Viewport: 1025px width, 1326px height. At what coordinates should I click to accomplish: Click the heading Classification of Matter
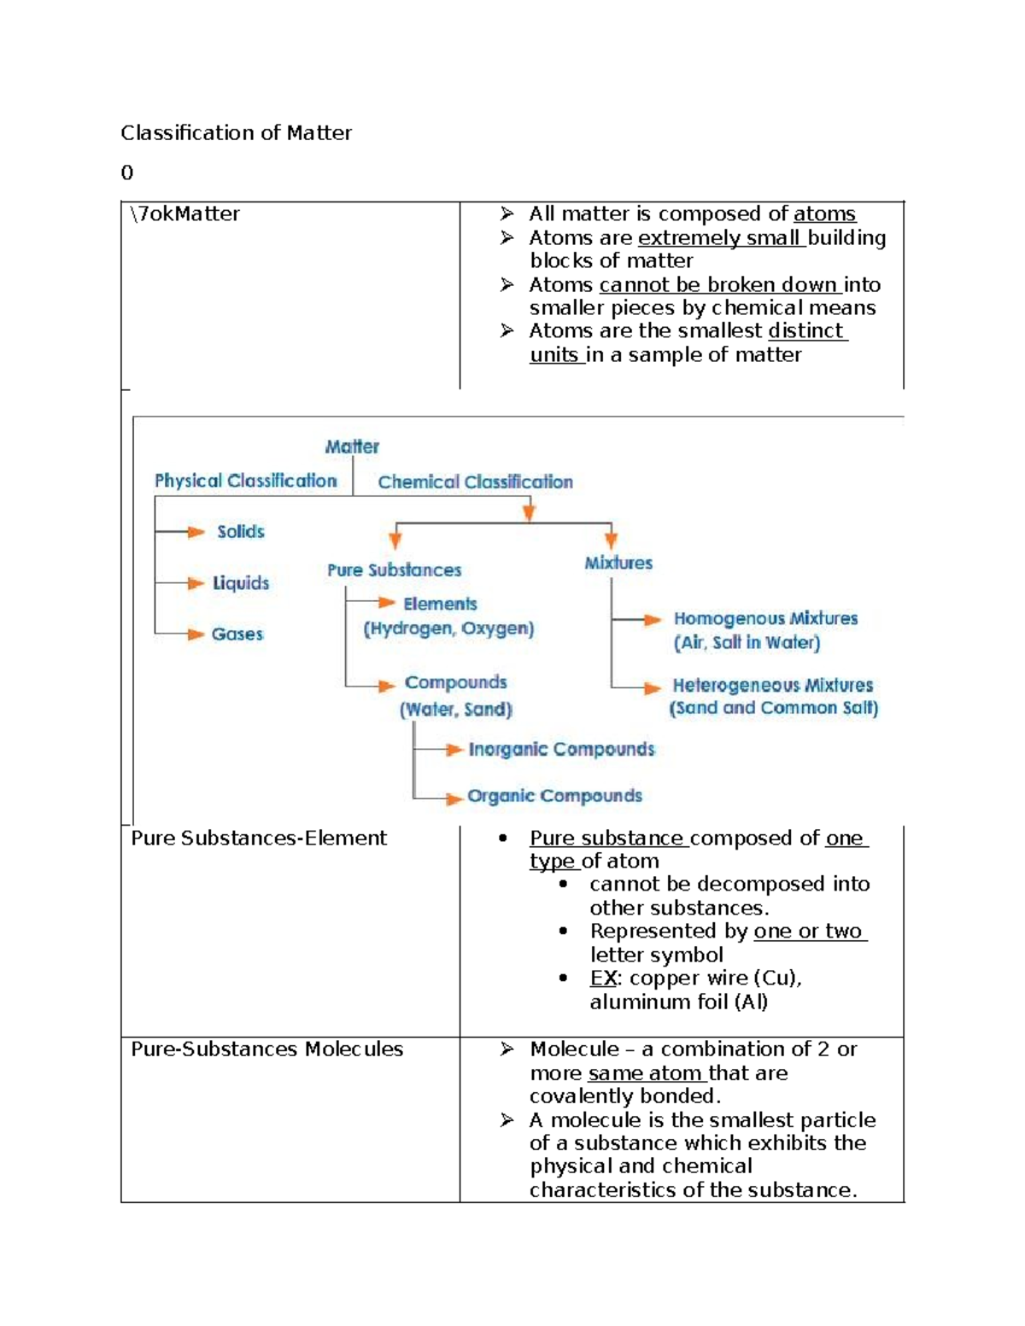[236, 133]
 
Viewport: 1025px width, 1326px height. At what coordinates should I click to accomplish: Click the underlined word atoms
[823, 214]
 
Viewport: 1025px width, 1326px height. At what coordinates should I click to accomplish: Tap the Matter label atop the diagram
[352, 447]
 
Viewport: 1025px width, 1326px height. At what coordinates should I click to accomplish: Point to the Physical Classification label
[246, 481]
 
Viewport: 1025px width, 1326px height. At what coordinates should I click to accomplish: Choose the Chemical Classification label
[475, 482]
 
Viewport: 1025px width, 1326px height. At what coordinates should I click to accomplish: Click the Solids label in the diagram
[240, 532]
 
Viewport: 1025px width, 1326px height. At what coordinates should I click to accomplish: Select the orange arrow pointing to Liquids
[196, 583]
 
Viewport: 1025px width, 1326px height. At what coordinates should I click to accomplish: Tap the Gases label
[237, 634]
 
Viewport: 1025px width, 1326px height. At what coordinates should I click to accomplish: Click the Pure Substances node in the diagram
[394, 570]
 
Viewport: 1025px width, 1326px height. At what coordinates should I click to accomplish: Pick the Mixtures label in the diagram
[618, 563]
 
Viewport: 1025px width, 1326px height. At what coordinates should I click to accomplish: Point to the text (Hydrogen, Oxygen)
[448, 629]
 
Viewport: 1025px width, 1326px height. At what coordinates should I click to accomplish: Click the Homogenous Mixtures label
[765, 618]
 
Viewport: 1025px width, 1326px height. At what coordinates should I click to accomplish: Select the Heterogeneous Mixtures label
[772, 685]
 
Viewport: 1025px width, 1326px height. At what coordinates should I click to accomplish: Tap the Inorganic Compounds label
[561, 750]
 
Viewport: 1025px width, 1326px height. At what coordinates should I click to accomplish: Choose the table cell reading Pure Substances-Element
[259, 838]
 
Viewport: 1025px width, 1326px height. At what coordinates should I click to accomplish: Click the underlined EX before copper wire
[602, 978]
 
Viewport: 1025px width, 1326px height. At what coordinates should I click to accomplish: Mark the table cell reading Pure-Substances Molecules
[266, 1049]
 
